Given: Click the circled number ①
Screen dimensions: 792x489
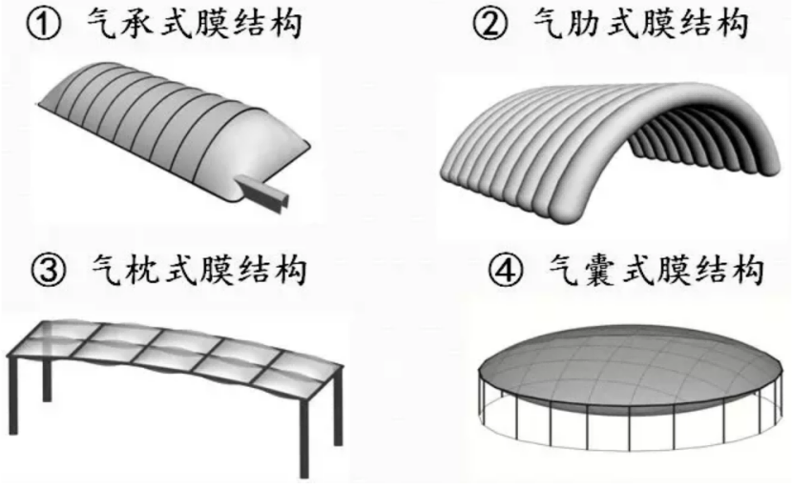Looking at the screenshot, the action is coord(44,24).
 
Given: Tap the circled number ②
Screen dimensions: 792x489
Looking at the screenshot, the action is coord(490,25).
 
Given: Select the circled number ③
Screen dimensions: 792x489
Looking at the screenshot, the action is coord(49,270).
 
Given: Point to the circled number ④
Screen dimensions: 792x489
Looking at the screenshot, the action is coord(505,270).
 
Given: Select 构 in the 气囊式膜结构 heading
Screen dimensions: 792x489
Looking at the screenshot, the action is coord(746,270).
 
